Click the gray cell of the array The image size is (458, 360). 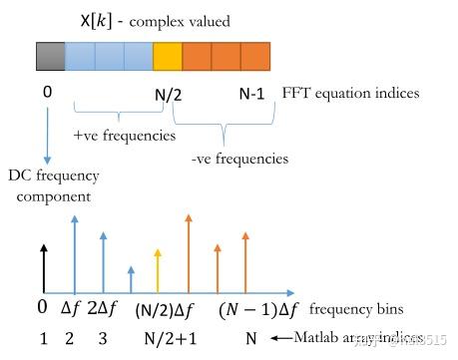pyautogui.click(x=50, y=56)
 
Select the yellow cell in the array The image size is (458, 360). pyautogui.click(x=168, y=56)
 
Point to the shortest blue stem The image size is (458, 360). pyautogui.click(x=131, y=279)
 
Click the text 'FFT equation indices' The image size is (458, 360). pyautogui.click(x=351, y=94)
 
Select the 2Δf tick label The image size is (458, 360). pyautogui.click(x=105, y=309)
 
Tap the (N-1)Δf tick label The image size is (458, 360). pyautogui.click(x=257, y=309)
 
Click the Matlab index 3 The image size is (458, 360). pyautogui.click(x=103, y=338)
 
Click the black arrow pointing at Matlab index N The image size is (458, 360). pyautogui.click(x=278, y=338)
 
